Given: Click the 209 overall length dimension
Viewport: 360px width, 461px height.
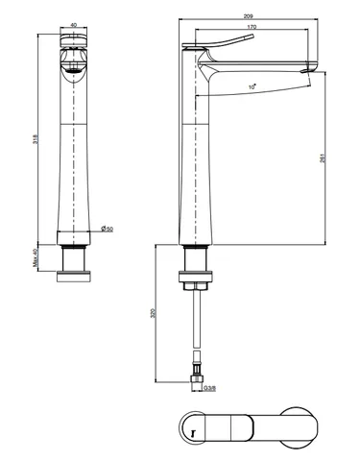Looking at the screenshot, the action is (x=249, y=16).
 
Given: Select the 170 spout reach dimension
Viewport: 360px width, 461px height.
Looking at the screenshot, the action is (x=252, y=27).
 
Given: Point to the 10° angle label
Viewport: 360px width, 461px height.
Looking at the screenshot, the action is (x=252, y=86).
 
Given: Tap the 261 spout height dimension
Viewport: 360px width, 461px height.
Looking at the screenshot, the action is (x=323, y=158).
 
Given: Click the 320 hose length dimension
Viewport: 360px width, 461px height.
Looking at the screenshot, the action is (x=153, y=313).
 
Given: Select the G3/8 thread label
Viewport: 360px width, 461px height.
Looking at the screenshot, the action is (x=210, y=388).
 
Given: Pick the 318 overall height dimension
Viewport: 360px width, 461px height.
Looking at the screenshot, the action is (x=36, y=139).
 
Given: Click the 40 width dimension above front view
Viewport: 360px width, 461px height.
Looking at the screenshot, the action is (x=73, y=25).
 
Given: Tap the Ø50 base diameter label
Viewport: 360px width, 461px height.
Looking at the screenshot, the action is (x=107, y=230).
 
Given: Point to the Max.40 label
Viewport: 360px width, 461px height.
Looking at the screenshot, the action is (x=36, y=257).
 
